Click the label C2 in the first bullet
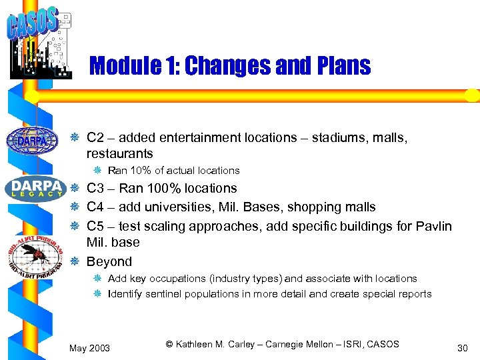(95, 137)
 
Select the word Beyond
(109, 261)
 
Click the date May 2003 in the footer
(90, 348)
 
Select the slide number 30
(463, 348)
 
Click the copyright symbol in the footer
(169, 344)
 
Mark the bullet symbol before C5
(75, 227)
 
